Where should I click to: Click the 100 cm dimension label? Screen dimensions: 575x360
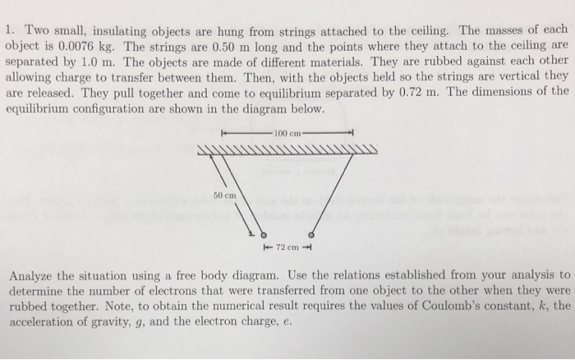pyautogui.click(x=287, y=133)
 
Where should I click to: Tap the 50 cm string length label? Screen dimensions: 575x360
pyautogui.click(x=225, y=196)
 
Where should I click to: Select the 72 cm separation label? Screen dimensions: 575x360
pyautogui.click(x=287, y=247)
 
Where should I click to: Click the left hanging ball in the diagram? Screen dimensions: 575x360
pyautogui.click(x=263, y=235)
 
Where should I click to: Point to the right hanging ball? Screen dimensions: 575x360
pyautogui.click(x=311, y=234)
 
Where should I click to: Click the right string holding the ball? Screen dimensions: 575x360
pyautogui.click(x=333, y=194)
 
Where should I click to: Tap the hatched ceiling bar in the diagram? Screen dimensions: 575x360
pyautogui.click(x=287, y=150)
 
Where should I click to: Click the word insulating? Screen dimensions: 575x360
pyautogui.click(x=120, y=31)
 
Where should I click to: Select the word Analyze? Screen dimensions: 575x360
pyautogui.click(x=32, y=276)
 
